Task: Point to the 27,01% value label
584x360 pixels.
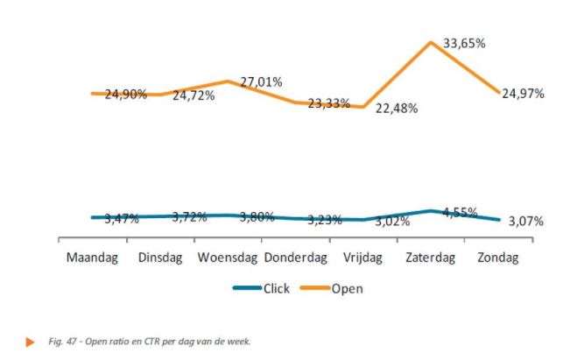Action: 261,81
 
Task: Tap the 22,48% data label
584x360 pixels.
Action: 396,108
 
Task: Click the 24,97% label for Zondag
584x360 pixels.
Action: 523,94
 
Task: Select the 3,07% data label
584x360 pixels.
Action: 525,222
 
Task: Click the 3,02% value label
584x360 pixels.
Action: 393,222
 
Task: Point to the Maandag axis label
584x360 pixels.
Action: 92,258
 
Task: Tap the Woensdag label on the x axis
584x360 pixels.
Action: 227,258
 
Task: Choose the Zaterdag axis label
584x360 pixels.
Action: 432,258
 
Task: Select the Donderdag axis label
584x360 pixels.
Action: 295,258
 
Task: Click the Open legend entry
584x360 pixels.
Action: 346,287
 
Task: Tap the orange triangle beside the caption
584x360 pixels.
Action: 31,341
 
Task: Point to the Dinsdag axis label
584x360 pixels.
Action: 159,258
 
